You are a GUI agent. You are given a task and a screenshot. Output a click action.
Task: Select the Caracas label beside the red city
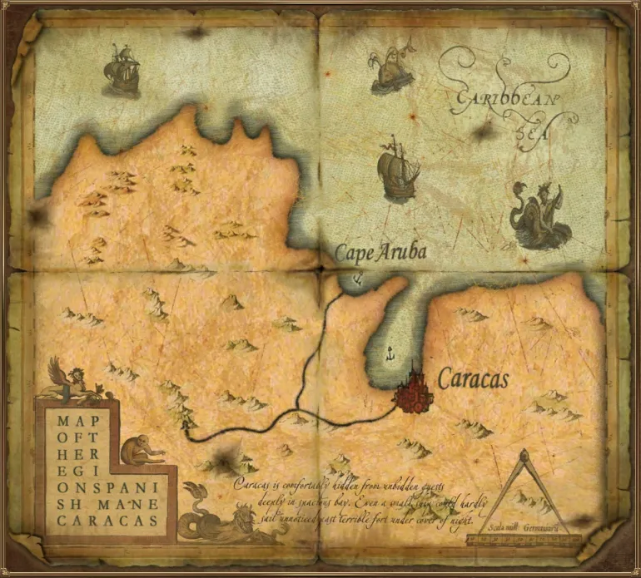(x=473, y=379)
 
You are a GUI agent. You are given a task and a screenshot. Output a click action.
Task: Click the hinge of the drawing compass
(x=524, y=456)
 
